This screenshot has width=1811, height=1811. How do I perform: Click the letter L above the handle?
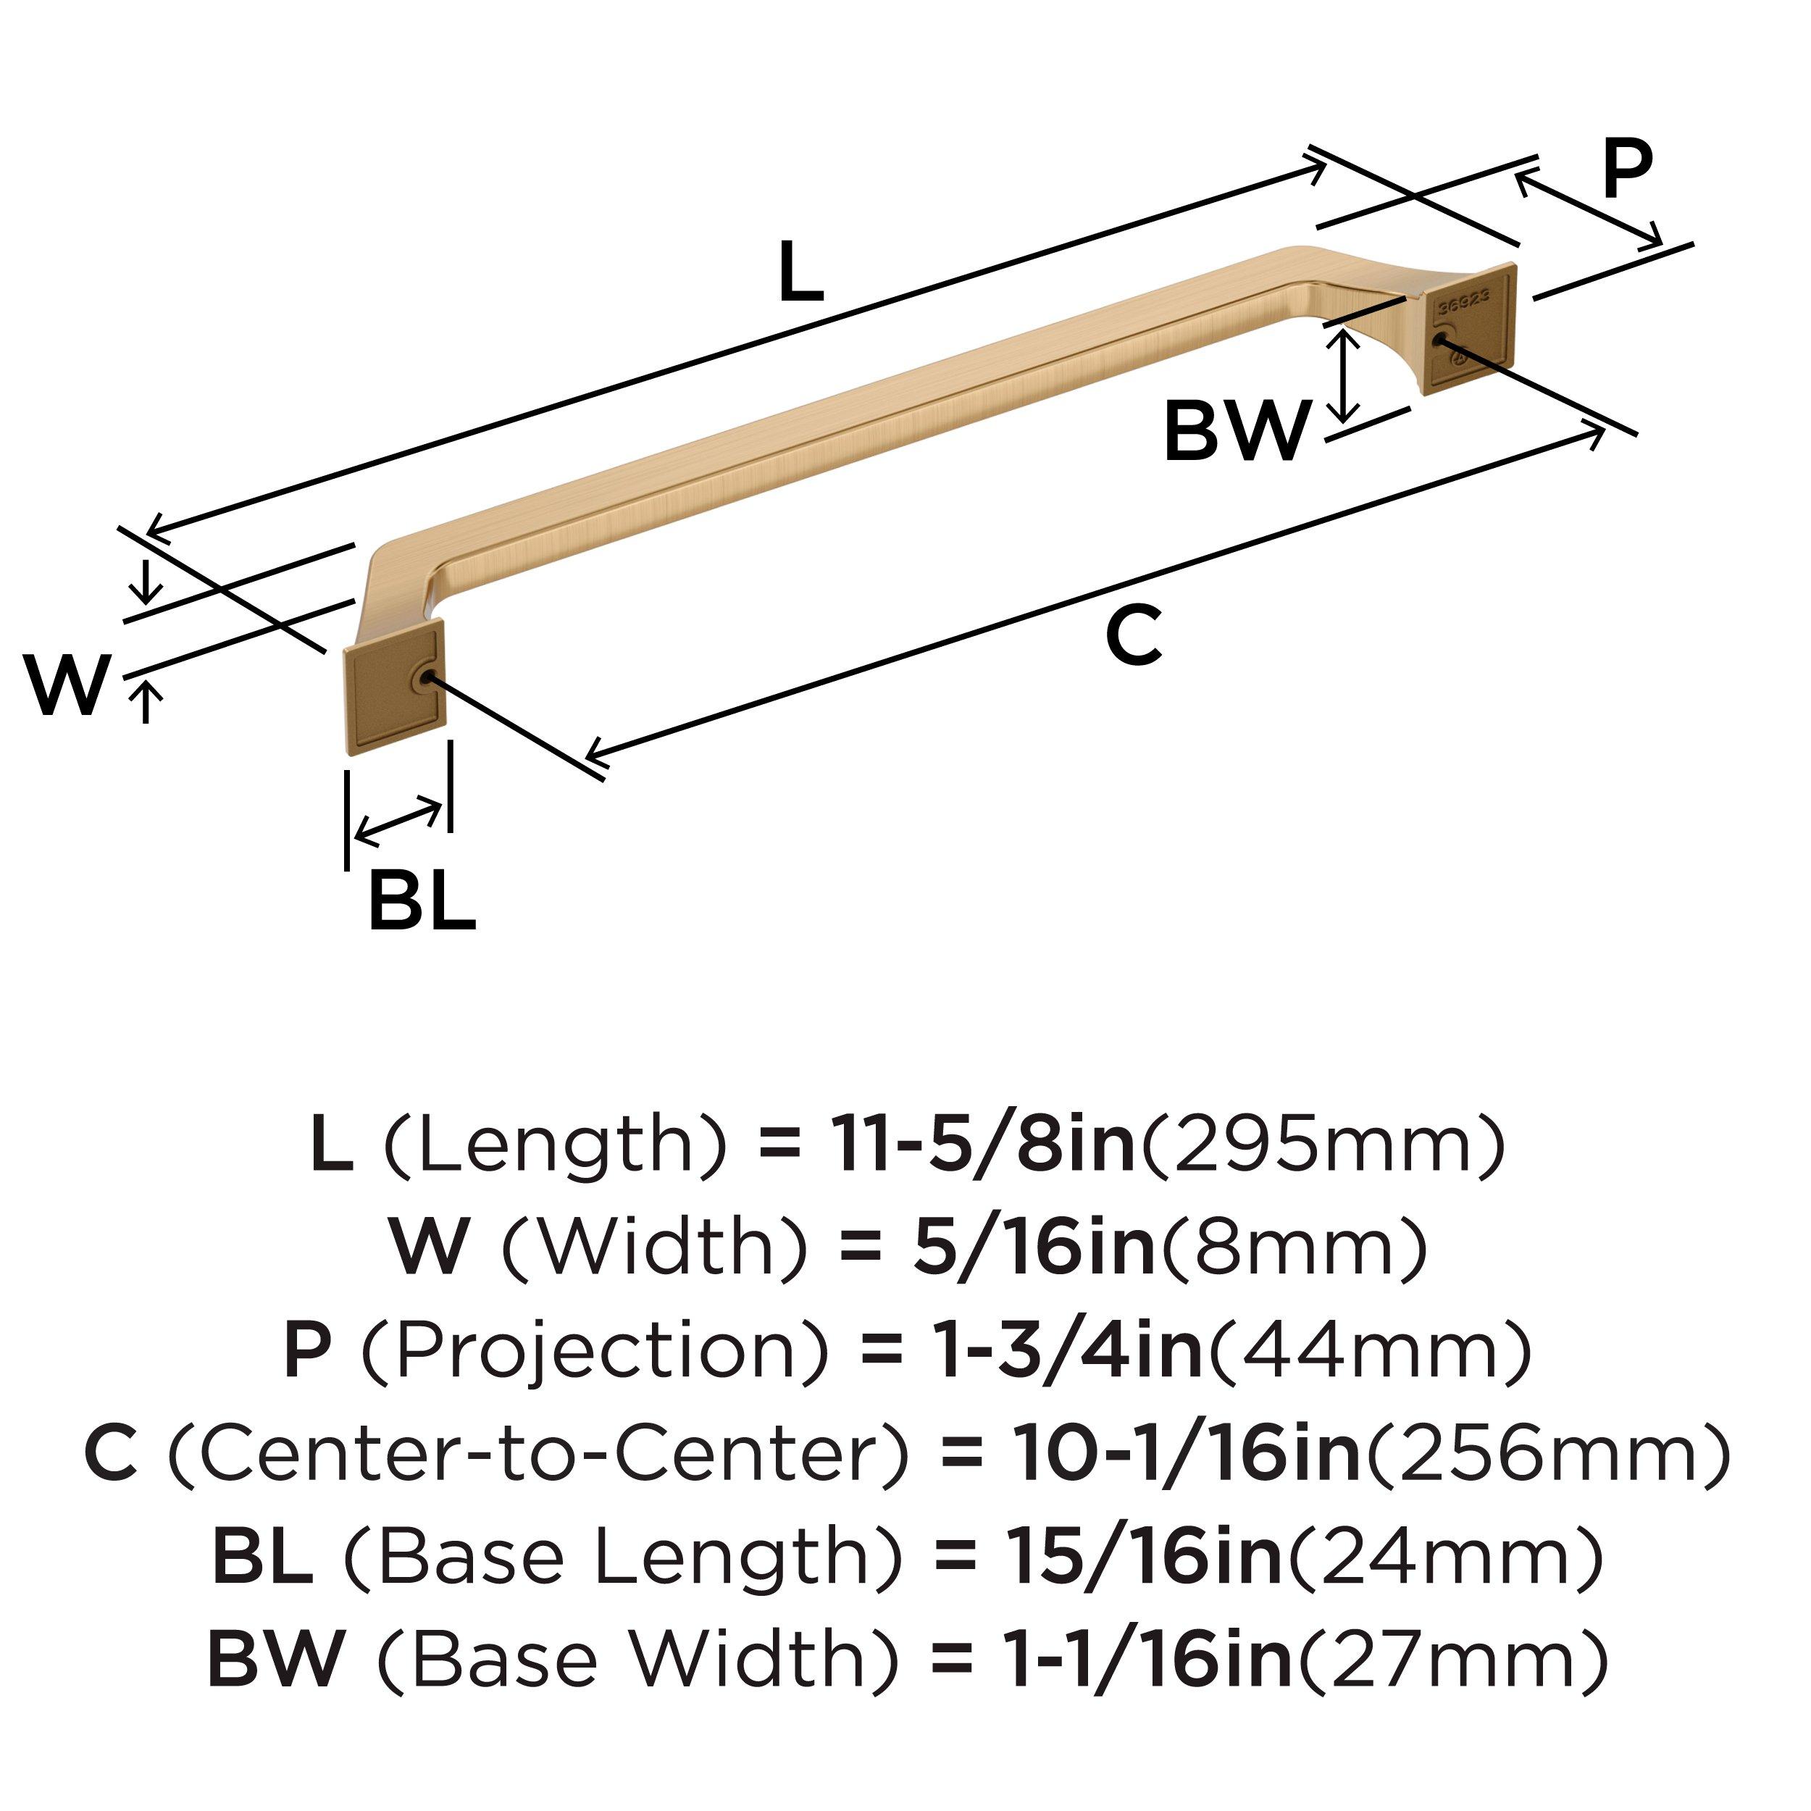pyautogui.click(x=801, y=273)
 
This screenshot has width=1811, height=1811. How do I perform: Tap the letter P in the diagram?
pyautogui.click(x=1626, y=170)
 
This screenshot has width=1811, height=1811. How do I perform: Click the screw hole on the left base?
pyautogui.click(x=427, y=679)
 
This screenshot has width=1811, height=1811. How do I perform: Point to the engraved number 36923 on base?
pyautogui.click(x=1464, y=302)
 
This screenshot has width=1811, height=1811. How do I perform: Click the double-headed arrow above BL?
pyautogui.click(x=399, y=819)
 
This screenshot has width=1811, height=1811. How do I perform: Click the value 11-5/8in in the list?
pyautogui.click(x=982, y=1145)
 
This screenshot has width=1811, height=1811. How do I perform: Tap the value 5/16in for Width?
pyautogui.click(x=1034, y=1247)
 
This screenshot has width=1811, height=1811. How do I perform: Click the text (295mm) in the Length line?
pyautogui.click(x=1322, y=1145)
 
